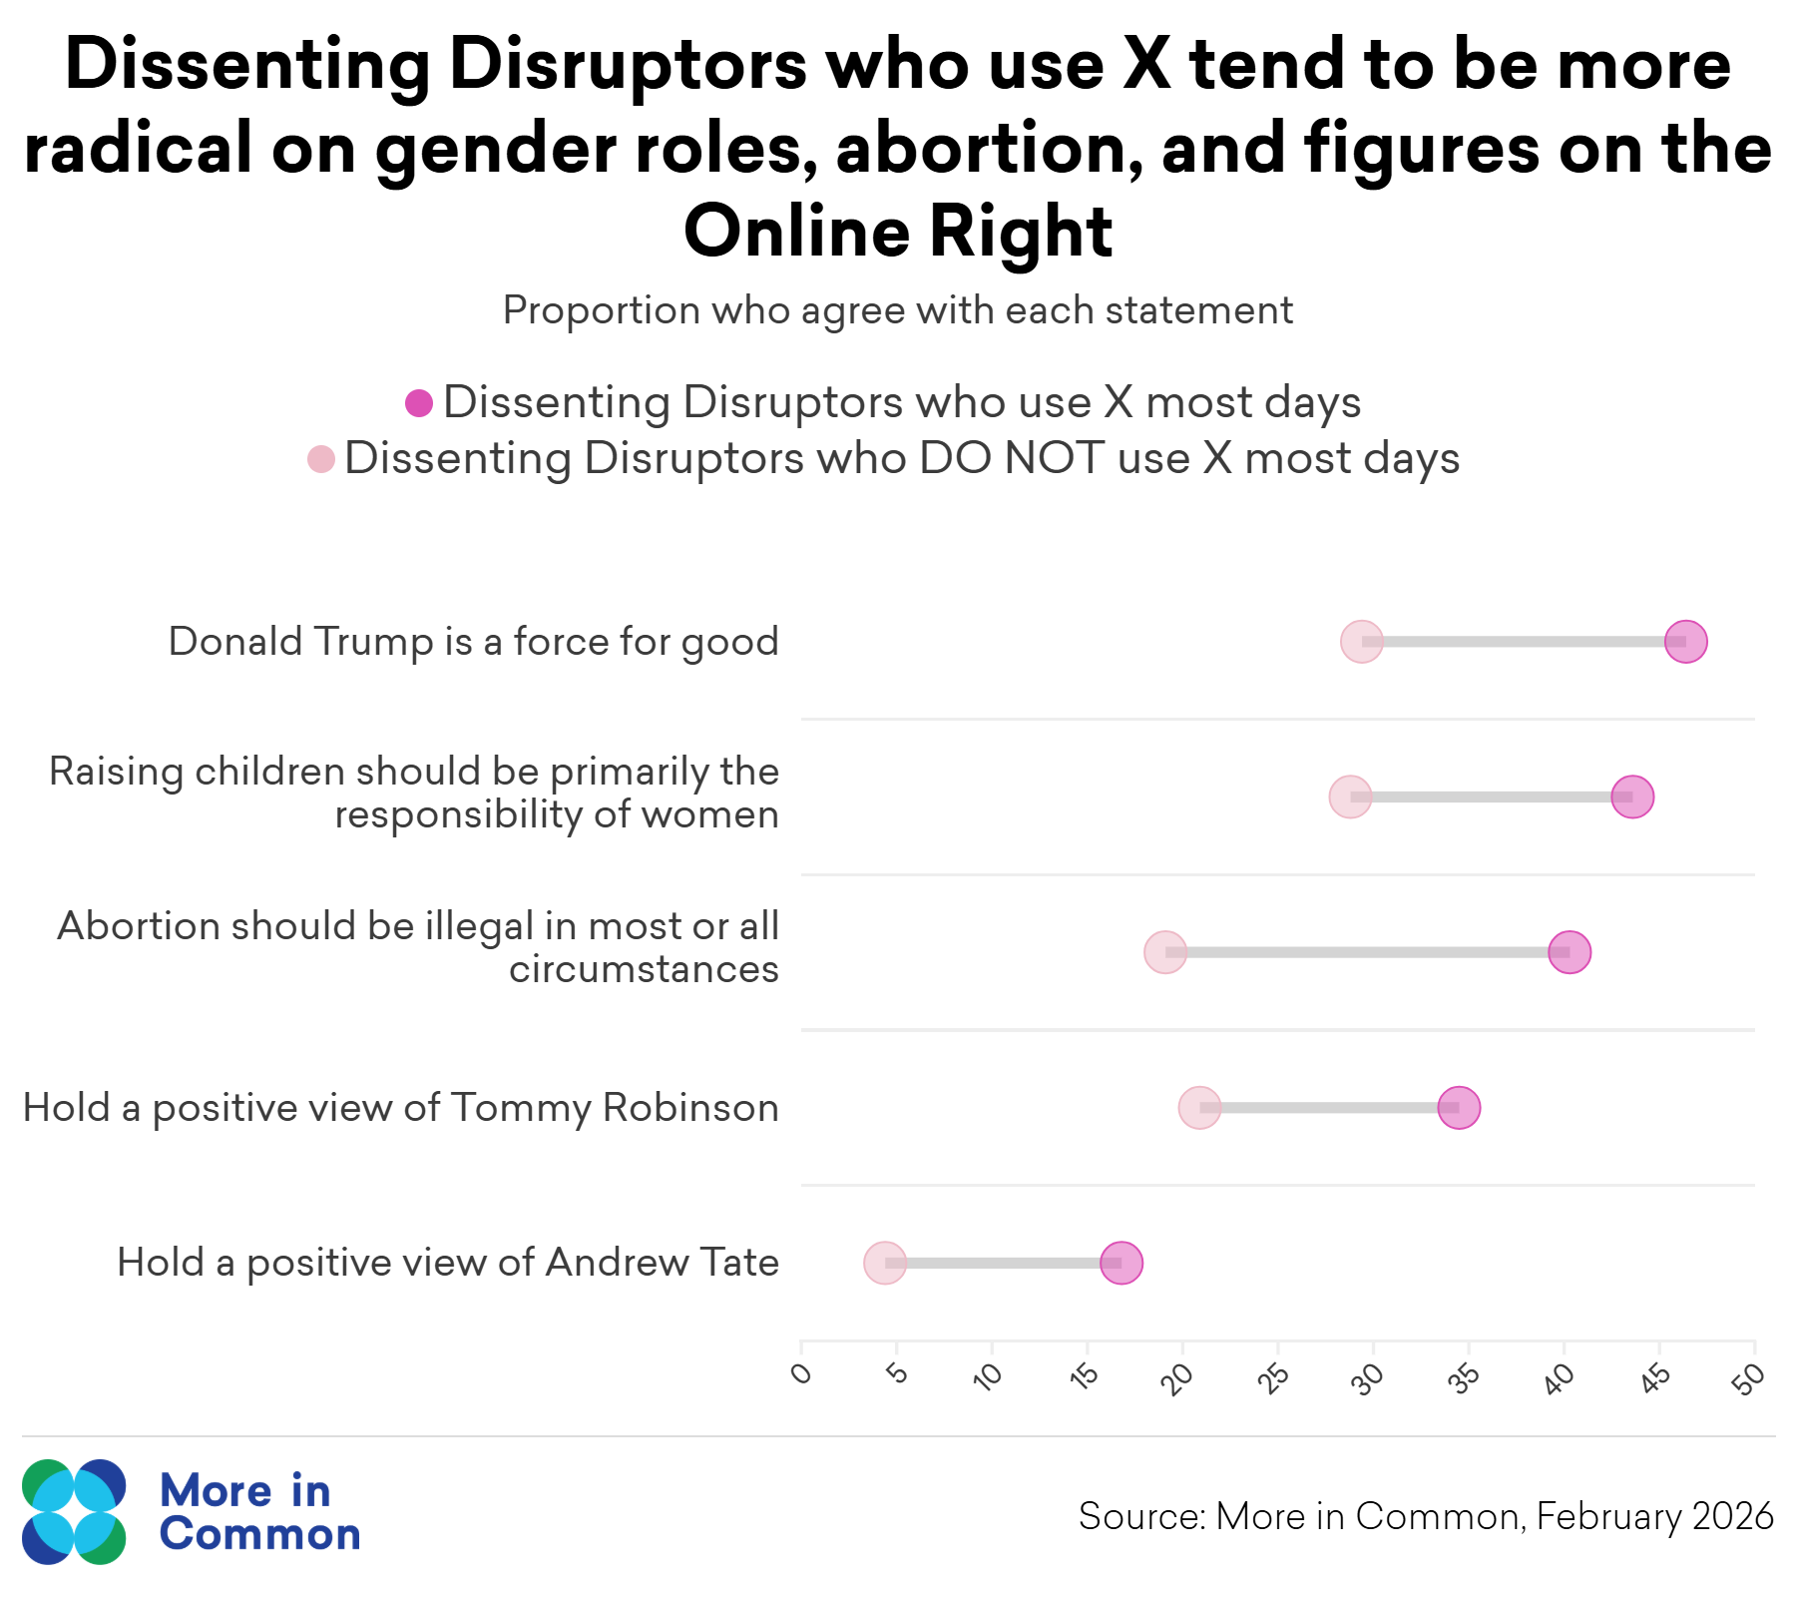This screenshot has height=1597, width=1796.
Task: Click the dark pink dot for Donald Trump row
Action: pos(1685,641)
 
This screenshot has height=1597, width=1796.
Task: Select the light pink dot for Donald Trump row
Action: pos(1362,641)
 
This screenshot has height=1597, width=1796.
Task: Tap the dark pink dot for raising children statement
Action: pos(1632,797)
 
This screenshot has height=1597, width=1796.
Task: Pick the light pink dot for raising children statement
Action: pos(1350,797)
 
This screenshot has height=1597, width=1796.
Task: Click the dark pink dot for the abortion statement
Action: pos(1570,952)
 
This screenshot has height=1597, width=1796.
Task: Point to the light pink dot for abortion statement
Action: pos(1165,952)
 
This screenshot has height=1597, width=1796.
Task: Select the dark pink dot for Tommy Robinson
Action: pos(1459,1107)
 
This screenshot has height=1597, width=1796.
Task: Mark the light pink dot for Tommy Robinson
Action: pos(1199,1107)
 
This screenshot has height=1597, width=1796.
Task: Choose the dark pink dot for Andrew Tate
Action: pos(1122,1263)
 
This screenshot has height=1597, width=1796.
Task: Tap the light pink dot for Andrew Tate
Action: pos(885,1263)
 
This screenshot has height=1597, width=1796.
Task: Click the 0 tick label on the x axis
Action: pos(801,1375)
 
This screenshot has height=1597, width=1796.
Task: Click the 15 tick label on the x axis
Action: pos(1084,1376)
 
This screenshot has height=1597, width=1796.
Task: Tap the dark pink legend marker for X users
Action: pos(419,403)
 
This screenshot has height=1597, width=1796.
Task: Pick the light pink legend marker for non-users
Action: pos(320,459)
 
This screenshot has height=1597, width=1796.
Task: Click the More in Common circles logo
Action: pos(74,1511)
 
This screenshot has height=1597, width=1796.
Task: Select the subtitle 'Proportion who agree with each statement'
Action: pos(898,310)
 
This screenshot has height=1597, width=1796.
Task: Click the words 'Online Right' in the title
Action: pos(898,232)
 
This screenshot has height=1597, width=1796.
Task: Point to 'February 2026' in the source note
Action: pos(1655,1516)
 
